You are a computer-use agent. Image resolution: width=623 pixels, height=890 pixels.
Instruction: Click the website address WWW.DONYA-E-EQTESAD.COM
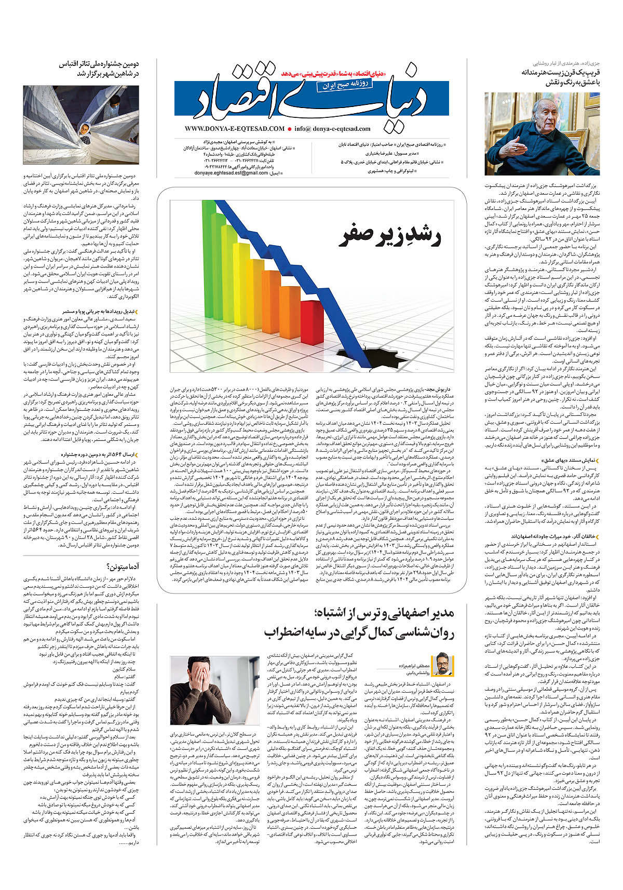click(x=234, y=129)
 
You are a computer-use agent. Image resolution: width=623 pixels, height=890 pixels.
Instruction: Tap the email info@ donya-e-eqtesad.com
click(x=332, y=129)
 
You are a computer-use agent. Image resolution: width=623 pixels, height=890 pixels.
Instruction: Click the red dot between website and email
click(x=289, y=129)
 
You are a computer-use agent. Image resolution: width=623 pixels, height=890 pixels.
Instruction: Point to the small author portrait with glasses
click(x=442, y=663)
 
